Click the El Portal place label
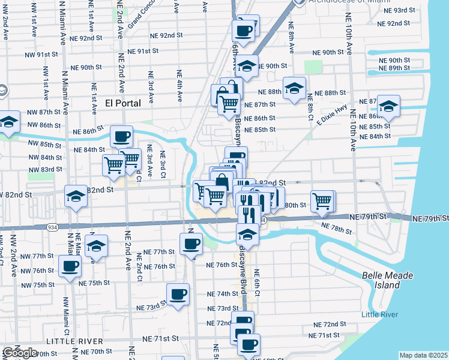122,103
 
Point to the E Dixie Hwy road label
333,113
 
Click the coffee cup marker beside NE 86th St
122,137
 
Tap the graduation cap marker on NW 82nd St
76,197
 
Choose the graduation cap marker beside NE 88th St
294,88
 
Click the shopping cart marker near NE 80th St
322,200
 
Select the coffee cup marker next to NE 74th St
178,294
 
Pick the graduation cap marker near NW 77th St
95,245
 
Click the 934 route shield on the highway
52,227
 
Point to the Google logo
19,353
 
